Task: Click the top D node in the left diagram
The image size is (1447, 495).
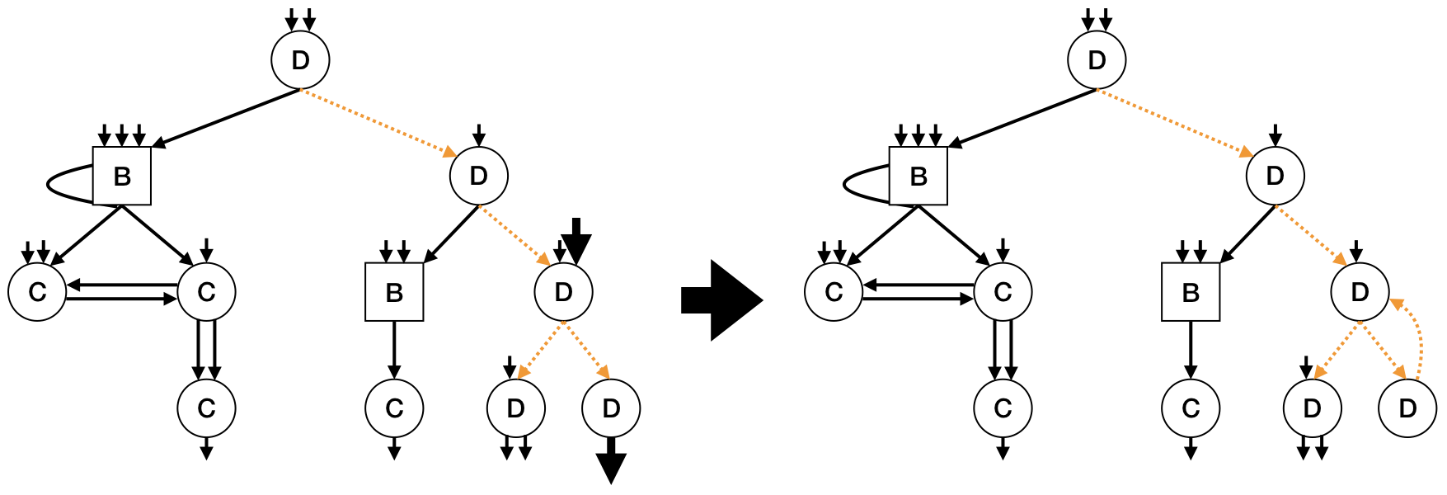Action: tap(301, 60)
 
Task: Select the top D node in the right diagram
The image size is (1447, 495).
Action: tap(1097, 60)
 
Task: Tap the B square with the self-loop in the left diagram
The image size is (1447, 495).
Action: tap(122, 176)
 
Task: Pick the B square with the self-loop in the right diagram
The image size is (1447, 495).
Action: tap(918, 176)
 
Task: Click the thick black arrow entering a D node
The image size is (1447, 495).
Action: tap(576, 239)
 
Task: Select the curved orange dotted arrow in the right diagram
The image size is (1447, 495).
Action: tap(1420, 338)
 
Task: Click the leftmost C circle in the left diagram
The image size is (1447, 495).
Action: tap(38, 292)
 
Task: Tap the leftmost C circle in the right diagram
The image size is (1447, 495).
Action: tap(834, 292)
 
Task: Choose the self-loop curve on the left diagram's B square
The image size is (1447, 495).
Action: tap(58, 183)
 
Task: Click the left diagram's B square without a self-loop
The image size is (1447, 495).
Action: tap(394, 292)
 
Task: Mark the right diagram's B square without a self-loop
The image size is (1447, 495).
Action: tap(1191, 292)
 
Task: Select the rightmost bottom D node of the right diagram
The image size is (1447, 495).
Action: tap(1407, 408)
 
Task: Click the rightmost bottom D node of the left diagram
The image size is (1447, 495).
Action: tap(611, 408)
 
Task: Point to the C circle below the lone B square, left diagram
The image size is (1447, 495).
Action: tap(394, 408)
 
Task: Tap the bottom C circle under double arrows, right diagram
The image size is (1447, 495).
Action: tap(1003, 408)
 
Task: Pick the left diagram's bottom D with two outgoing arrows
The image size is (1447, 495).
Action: tap(515, 408)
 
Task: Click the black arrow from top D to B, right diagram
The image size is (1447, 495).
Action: tap(1022, 119)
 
